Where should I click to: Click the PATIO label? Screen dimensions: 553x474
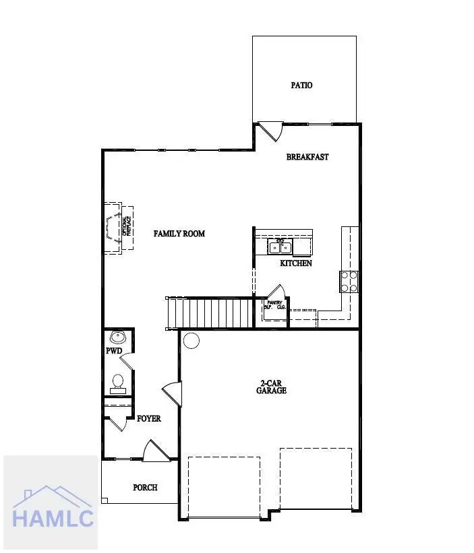point(301,86)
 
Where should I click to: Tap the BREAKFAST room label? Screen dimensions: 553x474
point(307,157)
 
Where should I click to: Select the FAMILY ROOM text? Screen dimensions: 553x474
point(179,234)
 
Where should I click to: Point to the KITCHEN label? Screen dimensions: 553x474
point(296,263)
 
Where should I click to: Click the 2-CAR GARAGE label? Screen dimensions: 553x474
point(272,387)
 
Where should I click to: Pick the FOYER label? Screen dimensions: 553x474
point(149,418)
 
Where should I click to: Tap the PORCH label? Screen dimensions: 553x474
point(145,487)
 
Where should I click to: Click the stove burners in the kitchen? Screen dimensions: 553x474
point(349,281)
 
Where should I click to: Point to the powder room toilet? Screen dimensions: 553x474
point(118,382)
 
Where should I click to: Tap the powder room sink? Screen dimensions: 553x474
point(118,336)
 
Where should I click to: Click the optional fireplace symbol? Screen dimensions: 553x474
point(117,228)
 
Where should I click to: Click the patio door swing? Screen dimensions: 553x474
point(270,130)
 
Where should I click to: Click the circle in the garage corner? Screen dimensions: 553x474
point(191,341)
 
